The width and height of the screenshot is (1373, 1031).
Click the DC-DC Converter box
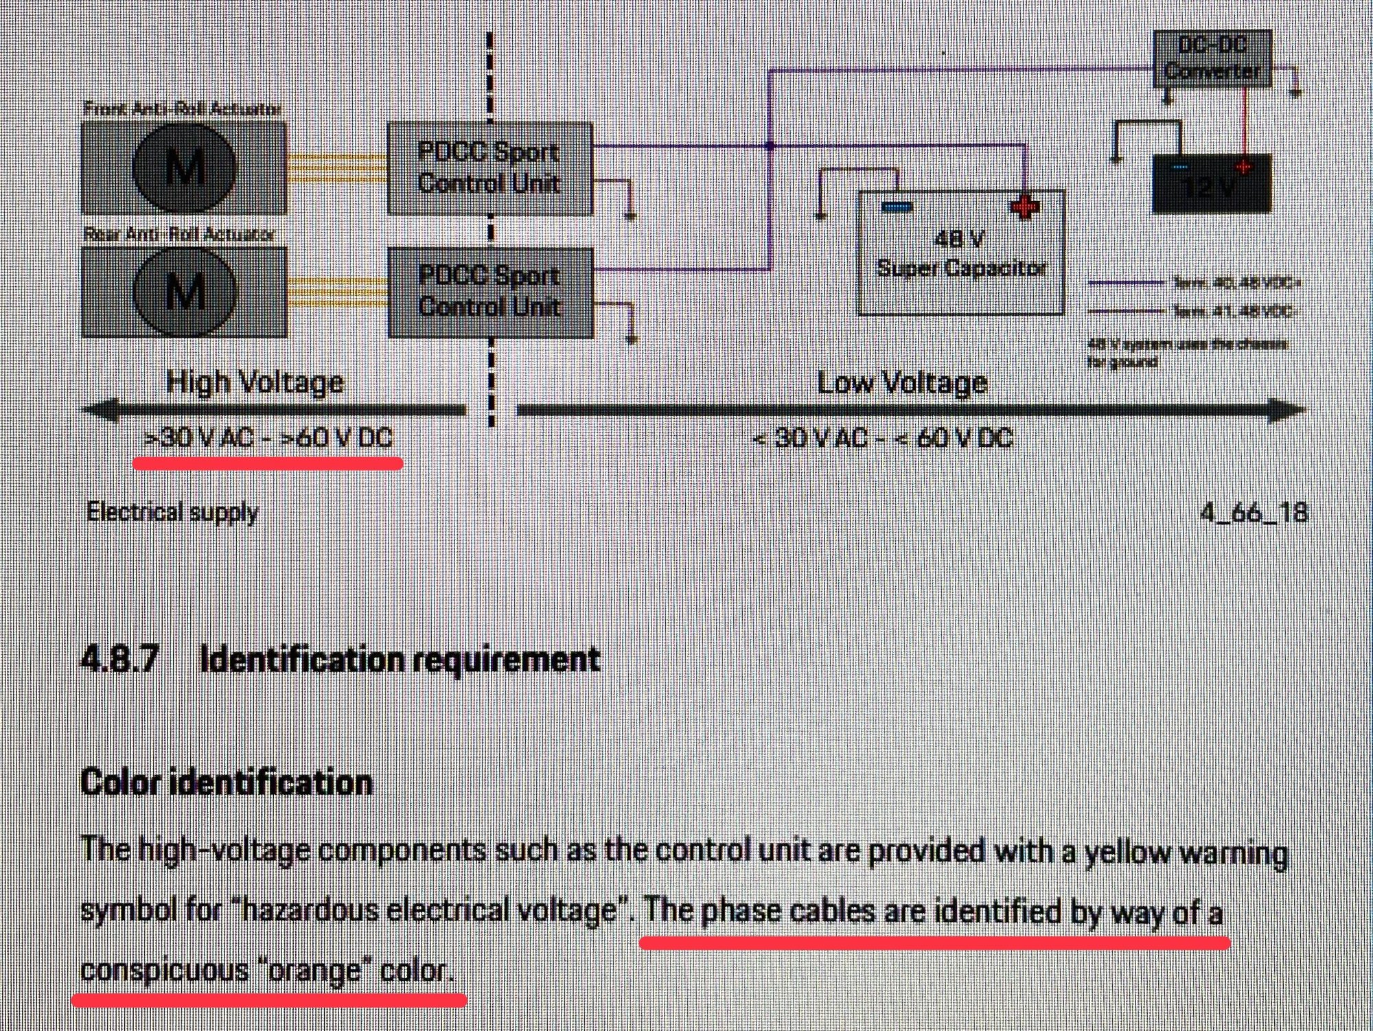(x=1212, y=59)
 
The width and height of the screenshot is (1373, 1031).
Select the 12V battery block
(x=1212, y=183)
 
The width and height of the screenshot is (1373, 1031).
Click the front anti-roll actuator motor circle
(x=185, y=166)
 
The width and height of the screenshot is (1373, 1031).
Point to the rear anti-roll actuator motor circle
(x=185, y=292)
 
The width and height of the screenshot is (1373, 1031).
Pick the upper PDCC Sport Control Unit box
(x=489, y=168)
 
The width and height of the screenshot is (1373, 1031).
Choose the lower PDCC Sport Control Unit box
(x=490, y=292)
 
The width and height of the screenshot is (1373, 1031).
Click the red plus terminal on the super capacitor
(x=1024, y=207)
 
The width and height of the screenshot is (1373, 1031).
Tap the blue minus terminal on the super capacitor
(x=896, y=207)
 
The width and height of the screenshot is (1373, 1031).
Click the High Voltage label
(x=255, y=382)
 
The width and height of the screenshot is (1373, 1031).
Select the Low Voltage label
(x=901, y=382)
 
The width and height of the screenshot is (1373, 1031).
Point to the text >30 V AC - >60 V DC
(x=268, y=438)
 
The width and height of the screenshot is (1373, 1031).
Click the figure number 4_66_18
(x=1254, y=512)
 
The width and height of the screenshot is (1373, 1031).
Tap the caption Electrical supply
(x=172, y=512)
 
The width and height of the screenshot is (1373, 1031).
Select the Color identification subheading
(x=227, y=783)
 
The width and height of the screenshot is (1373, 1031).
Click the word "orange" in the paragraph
(x=315, y=971)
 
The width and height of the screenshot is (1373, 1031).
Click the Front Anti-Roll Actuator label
(x=183, y=108)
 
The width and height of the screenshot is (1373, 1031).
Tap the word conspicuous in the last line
(x=164, y=971)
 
